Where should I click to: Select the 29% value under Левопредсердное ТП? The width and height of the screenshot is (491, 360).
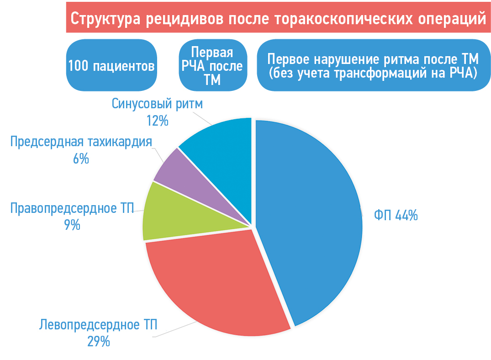tap(99, 341)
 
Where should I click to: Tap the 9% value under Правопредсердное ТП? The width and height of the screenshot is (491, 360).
tap(73, 225)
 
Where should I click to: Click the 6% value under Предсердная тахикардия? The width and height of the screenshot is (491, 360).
tap(81, 159)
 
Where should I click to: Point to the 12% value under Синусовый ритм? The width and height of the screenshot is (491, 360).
tap(157, 121)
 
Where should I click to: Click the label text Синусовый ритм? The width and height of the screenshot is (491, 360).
tap(157, 104)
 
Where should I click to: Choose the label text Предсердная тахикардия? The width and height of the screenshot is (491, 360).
tap(81, 142)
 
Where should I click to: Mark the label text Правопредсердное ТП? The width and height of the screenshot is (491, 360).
tap(72, 208)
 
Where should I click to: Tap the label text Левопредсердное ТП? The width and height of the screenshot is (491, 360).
tap(98, 325)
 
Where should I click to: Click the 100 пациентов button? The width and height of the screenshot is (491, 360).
tap(111, 66)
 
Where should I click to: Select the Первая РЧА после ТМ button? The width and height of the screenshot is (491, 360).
tap(213, 66)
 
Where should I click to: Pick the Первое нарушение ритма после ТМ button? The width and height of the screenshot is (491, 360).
tap(373, 66)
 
